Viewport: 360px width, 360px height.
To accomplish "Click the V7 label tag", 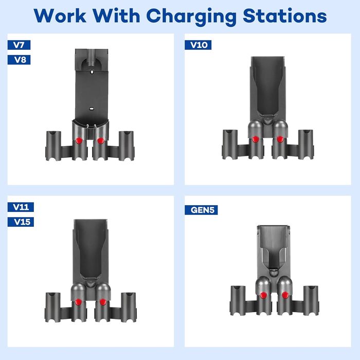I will (19, 45).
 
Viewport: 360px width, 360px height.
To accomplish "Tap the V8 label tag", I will (19, 60).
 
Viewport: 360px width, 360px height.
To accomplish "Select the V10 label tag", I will (198, 45).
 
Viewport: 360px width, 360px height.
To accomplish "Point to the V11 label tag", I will (21, 207).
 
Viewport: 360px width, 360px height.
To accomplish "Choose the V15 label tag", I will (21, 222).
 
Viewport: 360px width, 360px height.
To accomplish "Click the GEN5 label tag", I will (201, 210).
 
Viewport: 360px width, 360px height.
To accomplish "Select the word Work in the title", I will (59, 16).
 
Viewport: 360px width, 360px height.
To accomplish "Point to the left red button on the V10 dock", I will (255, 139).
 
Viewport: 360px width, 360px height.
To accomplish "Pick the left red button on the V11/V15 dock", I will (78, 302).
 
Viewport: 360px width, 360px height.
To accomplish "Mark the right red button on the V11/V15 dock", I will (100, 302).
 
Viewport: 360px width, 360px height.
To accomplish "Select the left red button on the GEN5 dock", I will (263, 295).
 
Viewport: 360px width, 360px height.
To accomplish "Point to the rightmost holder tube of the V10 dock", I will (305, 144).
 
